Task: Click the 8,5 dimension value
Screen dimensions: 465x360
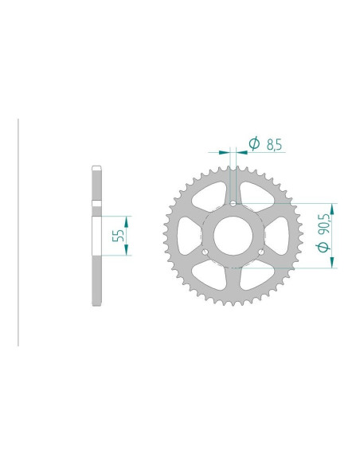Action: tap(274, 144)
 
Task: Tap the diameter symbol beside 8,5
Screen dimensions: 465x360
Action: tap(254, 143)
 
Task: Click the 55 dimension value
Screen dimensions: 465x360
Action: tap(117, 234)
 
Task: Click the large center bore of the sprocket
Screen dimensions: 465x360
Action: tap(233, 236)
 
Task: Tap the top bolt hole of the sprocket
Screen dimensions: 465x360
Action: tap(233, 203)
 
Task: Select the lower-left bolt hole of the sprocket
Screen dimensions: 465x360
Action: tap(205, 252)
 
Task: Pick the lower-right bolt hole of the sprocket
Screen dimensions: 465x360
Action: tap(262, 252)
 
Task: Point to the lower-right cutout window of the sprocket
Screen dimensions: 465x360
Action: tap(255, 278)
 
